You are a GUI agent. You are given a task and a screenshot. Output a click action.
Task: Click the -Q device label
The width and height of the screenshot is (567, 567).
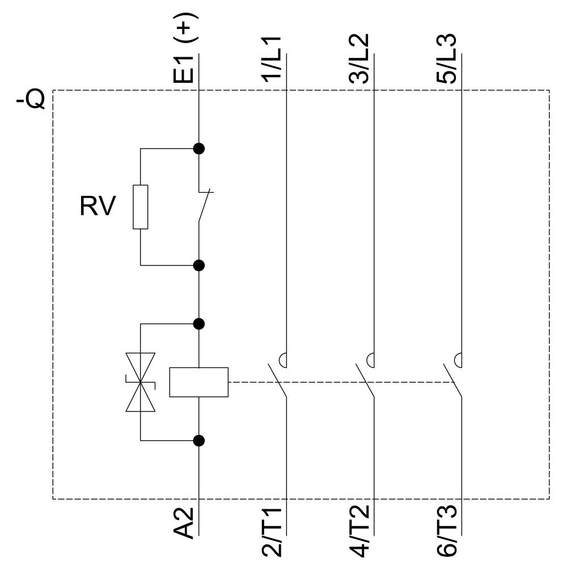point(30,101)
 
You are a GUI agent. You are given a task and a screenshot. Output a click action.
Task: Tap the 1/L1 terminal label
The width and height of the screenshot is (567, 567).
point(274,60)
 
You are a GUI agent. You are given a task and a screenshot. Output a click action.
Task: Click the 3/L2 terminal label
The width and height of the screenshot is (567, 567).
point(359,60)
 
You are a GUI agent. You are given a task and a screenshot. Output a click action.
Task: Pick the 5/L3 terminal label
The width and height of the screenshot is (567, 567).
point(447,60)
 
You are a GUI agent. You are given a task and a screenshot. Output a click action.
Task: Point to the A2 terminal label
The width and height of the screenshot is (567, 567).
point(185,523)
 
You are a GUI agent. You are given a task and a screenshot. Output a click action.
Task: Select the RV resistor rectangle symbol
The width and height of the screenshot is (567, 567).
point(141,207)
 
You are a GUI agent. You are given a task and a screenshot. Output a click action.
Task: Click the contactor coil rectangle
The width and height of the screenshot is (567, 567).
point(198,382)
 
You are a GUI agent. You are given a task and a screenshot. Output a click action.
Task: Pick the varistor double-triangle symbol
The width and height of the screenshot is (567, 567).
point(140,382)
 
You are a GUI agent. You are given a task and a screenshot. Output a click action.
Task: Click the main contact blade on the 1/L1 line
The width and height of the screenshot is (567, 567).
point(277,380)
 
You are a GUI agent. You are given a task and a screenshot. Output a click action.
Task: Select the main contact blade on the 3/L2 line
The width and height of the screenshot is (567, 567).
point(365,380)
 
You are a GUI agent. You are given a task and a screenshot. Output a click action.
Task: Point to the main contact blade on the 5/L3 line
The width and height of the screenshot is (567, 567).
point(452,380)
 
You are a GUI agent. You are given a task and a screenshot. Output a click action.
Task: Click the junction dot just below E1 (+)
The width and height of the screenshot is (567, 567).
point(198,149)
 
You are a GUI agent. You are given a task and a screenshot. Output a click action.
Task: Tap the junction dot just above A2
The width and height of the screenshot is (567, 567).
point(198,440)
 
